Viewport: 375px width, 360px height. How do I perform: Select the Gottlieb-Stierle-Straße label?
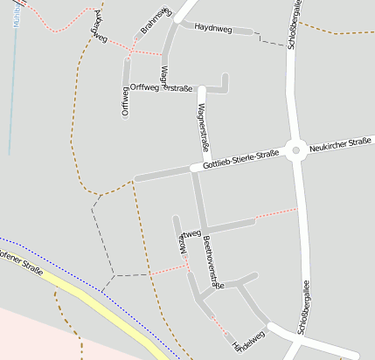(x=240, y=160)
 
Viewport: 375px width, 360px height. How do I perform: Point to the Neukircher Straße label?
(x=341, y=144)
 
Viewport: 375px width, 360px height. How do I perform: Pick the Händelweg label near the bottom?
(x=249, y=339)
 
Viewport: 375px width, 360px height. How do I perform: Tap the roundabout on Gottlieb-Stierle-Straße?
(x=296, y=150)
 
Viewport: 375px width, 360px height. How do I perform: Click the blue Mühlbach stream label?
(x=17, y=13)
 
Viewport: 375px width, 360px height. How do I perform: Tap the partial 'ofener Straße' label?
(x=21, y=260)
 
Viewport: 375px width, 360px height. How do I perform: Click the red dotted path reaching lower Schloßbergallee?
(x=275, y=213)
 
